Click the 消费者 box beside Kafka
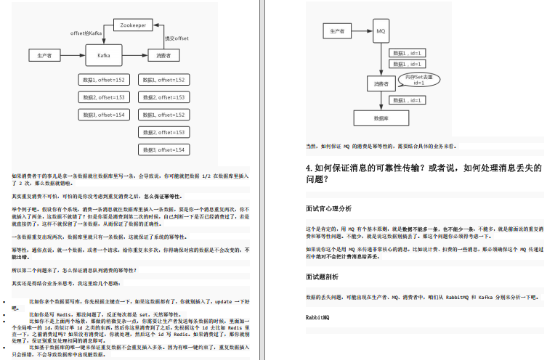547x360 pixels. point(163,54)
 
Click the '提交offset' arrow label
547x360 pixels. point(177,38)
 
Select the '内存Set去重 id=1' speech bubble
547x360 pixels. point(418,79)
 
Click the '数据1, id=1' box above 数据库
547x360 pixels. point(406,99)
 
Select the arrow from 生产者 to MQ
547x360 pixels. point(361,31)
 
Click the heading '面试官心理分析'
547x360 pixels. point(328,208)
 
